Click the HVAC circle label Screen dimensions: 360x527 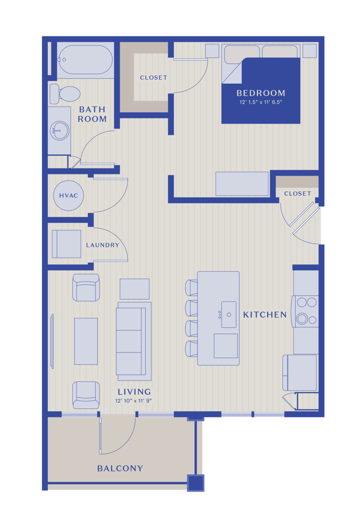click(68, 196)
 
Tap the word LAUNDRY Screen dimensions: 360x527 click(103, 245)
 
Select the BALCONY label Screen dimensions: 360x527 click(120, 468)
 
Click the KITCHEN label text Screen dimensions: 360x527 click(265, 315)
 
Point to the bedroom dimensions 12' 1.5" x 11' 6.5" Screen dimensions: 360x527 click(261, 102)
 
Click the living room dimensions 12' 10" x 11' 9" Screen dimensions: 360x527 click(133, 401)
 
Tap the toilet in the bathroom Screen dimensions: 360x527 click(65, 94)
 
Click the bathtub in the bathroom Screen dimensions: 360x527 click(85, 60)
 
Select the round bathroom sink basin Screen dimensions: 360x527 click(60, 131)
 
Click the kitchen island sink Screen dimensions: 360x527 click(229, 314)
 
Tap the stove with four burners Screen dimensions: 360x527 click(305, 311)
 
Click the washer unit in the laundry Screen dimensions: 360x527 click(66, 244)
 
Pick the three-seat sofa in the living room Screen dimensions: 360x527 click(134, 341)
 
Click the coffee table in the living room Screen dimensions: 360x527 click(86, 341)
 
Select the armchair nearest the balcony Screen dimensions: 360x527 click(86, 395)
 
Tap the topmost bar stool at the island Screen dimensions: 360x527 click(191, 288)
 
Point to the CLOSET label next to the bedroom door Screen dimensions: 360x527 click(154, 78)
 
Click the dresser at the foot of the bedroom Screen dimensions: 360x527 click(242, 184)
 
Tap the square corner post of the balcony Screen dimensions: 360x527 click(196, 483)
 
